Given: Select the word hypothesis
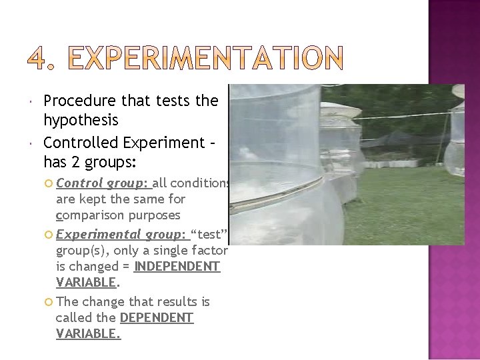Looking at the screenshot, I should pos(81,121).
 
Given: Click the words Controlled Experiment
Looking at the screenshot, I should pos(124,143).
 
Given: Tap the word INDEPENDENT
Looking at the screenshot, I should pos(177,267).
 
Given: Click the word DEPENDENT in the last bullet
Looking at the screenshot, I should pos(157,318).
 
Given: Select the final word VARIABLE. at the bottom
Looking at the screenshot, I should pos(88,334).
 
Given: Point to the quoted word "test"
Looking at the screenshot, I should pos(210,235).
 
